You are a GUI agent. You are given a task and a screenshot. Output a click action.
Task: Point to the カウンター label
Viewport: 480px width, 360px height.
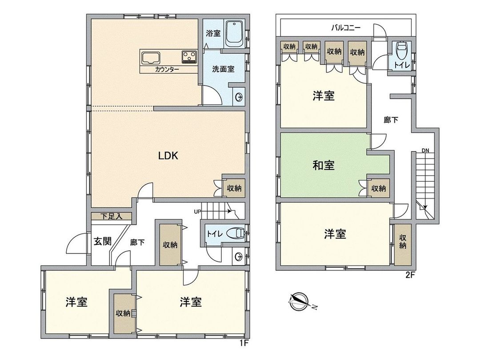[x=167, y=70]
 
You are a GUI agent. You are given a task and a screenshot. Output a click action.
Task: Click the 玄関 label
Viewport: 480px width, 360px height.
[x=101, y=242]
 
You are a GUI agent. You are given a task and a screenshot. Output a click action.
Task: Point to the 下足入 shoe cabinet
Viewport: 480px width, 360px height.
[x=111, y=216]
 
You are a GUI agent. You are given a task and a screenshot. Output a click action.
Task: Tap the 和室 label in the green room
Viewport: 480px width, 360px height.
[x=323, y=165]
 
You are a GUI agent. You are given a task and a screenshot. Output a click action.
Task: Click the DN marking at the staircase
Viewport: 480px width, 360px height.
[x=425, y=151]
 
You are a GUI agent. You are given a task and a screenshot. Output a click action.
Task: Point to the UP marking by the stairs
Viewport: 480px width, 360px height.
[x=197, y=212]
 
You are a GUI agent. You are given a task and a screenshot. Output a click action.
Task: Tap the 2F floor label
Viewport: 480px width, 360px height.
[x=409, y=275]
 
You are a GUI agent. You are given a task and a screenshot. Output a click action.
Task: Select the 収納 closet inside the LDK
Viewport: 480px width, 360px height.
[x=234, y=188]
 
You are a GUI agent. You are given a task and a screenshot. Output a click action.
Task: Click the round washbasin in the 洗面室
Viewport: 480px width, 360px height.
[x=239, y=96]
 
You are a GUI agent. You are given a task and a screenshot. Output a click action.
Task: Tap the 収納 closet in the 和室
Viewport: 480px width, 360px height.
[x=379, y=188]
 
